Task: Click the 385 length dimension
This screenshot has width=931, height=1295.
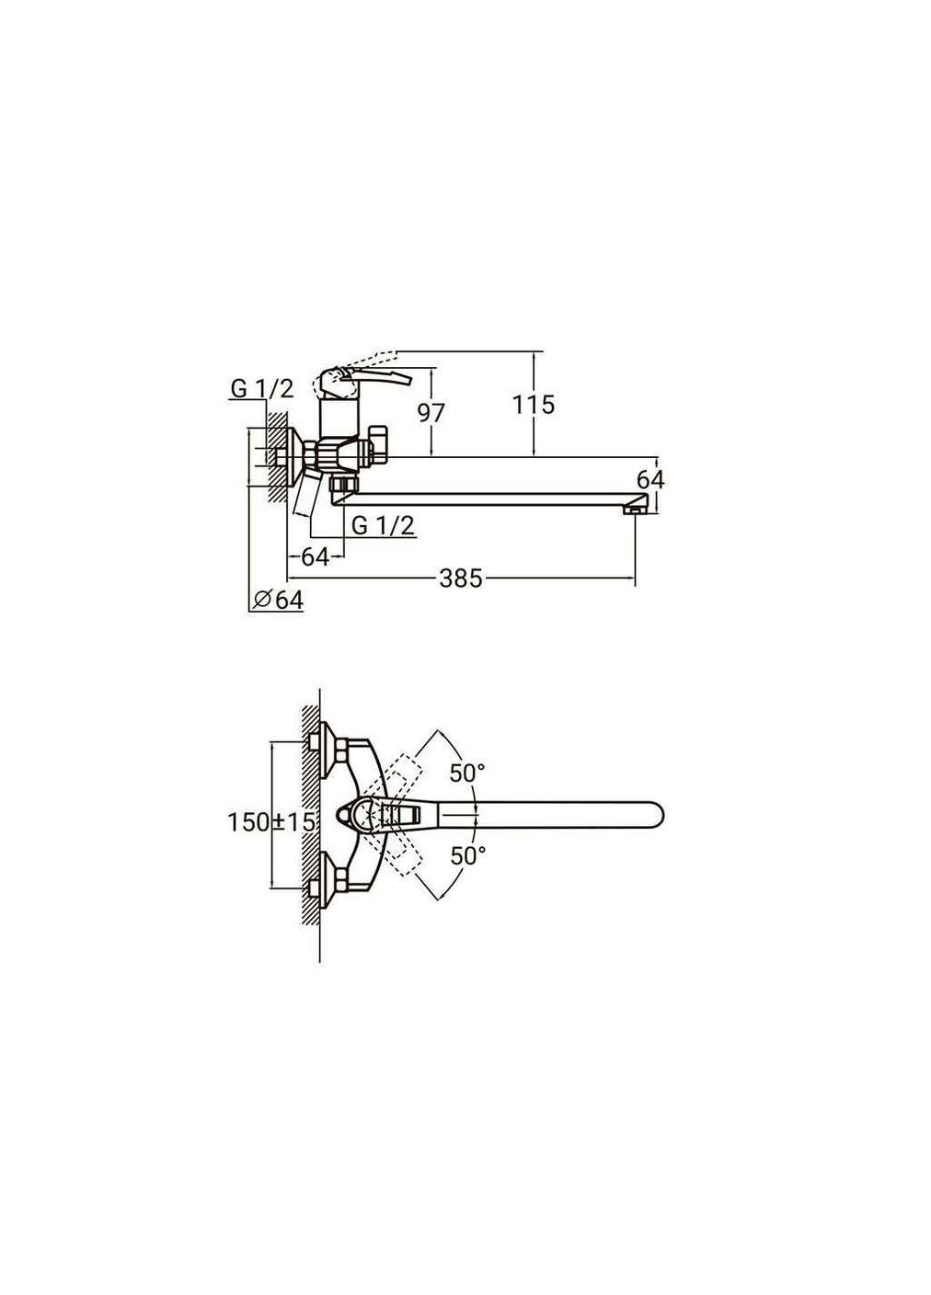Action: coord(460,578)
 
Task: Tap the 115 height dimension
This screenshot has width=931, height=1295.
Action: coord(534,405)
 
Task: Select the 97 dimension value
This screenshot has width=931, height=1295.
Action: coord(431,413)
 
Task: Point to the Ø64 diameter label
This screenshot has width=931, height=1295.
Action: coord(278,600)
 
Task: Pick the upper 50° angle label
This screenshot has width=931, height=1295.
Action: coord(467,773)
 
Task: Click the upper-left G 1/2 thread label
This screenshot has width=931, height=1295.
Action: coord(262,389)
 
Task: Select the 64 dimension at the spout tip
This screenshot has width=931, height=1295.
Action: coord(650,479)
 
